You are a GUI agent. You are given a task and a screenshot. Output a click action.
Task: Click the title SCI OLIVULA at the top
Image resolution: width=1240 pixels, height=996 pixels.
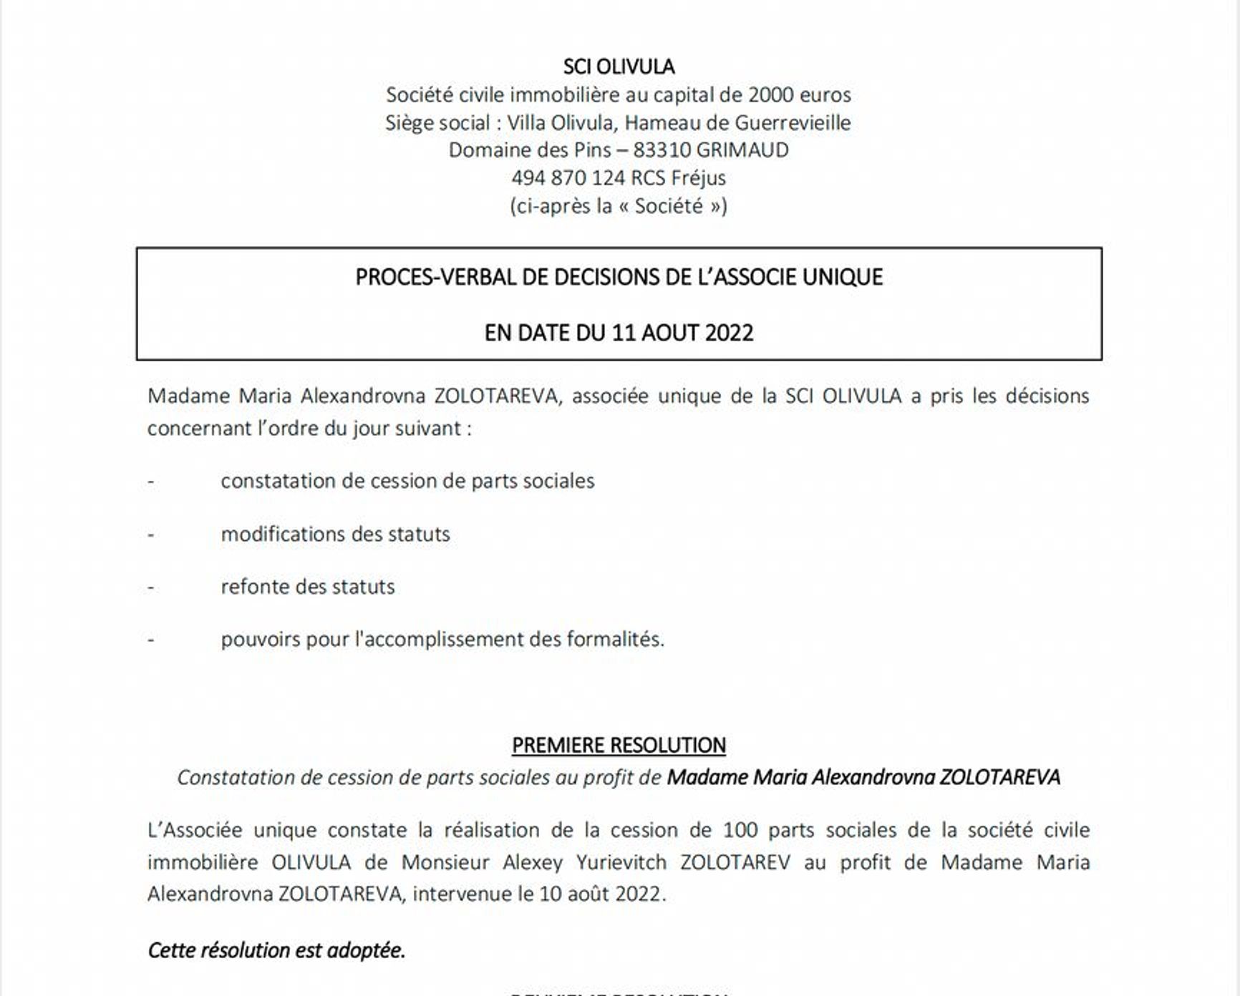click(619, 67)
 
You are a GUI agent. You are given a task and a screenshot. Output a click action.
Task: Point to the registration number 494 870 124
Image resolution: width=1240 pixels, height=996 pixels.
click(568, 178)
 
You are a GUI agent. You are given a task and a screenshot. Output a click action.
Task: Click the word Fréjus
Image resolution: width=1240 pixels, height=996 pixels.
click(698, 178)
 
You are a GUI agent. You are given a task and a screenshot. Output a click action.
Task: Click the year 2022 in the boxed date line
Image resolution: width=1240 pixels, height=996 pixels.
click(729, 333)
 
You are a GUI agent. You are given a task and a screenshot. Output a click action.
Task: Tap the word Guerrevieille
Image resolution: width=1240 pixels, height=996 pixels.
click(793, 122)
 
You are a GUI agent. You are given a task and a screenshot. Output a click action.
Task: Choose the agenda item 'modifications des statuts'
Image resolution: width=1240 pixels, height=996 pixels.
click(335, 534)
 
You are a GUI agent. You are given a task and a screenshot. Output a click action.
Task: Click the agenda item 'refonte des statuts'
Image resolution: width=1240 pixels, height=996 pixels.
click(307, 587)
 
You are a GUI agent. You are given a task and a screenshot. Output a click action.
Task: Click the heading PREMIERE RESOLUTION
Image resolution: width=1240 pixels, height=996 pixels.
click(619, 746)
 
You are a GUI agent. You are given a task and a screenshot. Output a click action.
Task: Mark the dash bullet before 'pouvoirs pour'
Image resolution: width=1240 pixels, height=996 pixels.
click(151, 639)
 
